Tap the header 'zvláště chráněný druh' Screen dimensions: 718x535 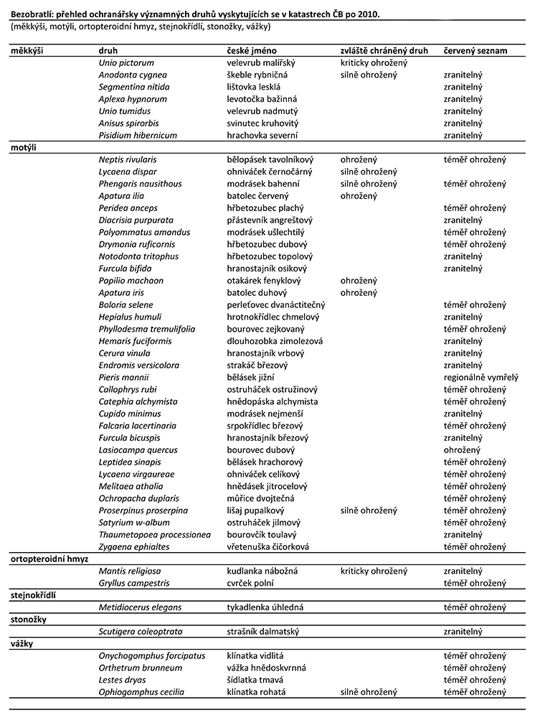click(x=384, y=51)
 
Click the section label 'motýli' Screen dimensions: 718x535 click(x=23, y=147)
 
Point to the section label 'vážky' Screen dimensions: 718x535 click(x=22, y=643)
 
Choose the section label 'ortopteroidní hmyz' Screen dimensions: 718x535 click(x=48, y=559)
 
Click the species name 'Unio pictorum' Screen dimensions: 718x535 click(x=123, y=63)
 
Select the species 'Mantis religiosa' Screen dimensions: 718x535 click(x=129, y=571)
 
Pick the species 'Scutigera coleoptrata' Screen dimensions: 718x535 click(x=141, y=631)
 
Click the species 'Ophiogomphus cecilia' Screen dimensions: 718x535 click(x=141, y=692)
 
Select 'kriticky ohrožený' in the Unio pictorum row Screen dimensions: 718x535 click(x=374, y=63)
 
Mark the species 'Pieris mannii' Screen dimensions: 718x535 click(x=123, y=377)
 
